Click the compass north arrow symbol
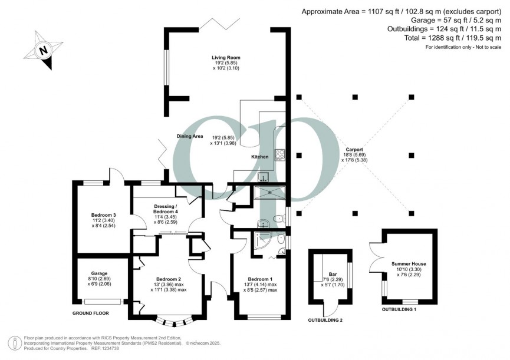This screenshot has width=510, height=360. [x=43, y=51]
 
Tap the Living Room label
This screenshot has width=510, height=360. [x=226, y=58]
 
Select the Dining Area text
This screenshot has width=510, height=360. [x=190, y=136]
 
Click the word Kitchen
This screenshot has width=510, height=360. [x=260, y=157]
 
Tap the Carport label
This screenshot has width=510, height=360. [x=354, y=150]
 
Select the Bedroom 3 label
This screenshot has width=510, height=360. [x=103, y=215]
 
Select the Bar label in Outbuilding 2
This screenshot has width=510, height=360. [x=333, y=274]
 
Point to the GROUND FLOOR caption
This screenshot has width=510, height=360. [x=91, y=313]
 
